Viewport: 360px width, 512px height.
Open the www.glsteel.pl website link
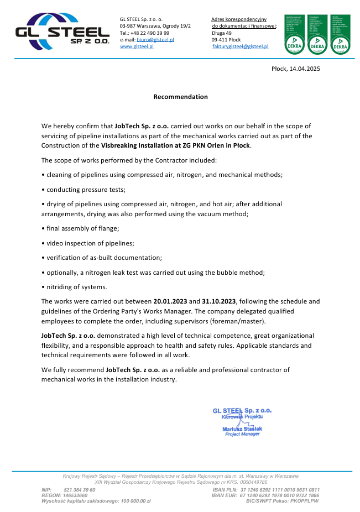click(x=137, y=47)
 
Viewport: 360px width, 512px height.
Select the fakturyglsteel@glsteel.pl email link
click(x=241, y=47)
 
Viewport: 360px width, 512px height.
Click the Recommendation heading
click(x=180, y=97)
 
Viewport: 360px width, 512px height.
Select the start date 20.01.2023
click(x=170, y=301)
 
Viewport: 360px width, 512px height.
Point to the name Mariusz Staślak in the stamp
click(x=243, y=429)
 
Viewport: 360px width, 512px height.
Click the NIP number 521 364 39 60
click(x=80, y=490)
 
